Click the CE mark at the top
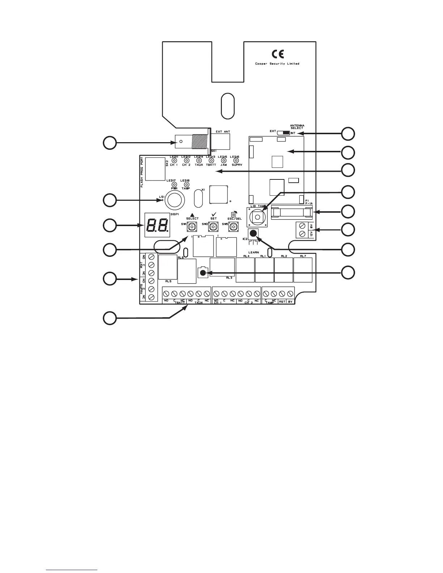(x=278, y=54)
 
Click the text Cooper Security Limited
(x=277, y=64)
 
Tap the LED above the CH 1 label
(x=174, y=160)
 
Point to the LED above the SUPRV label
(x=236, y=160)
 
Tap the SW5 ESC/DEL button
(x=233, y=226)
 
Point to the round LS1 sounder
(x=174, y=200)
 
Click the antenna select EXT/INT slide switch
(x=286, y=133)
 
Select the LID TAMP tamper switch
(x=257, y=217)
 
